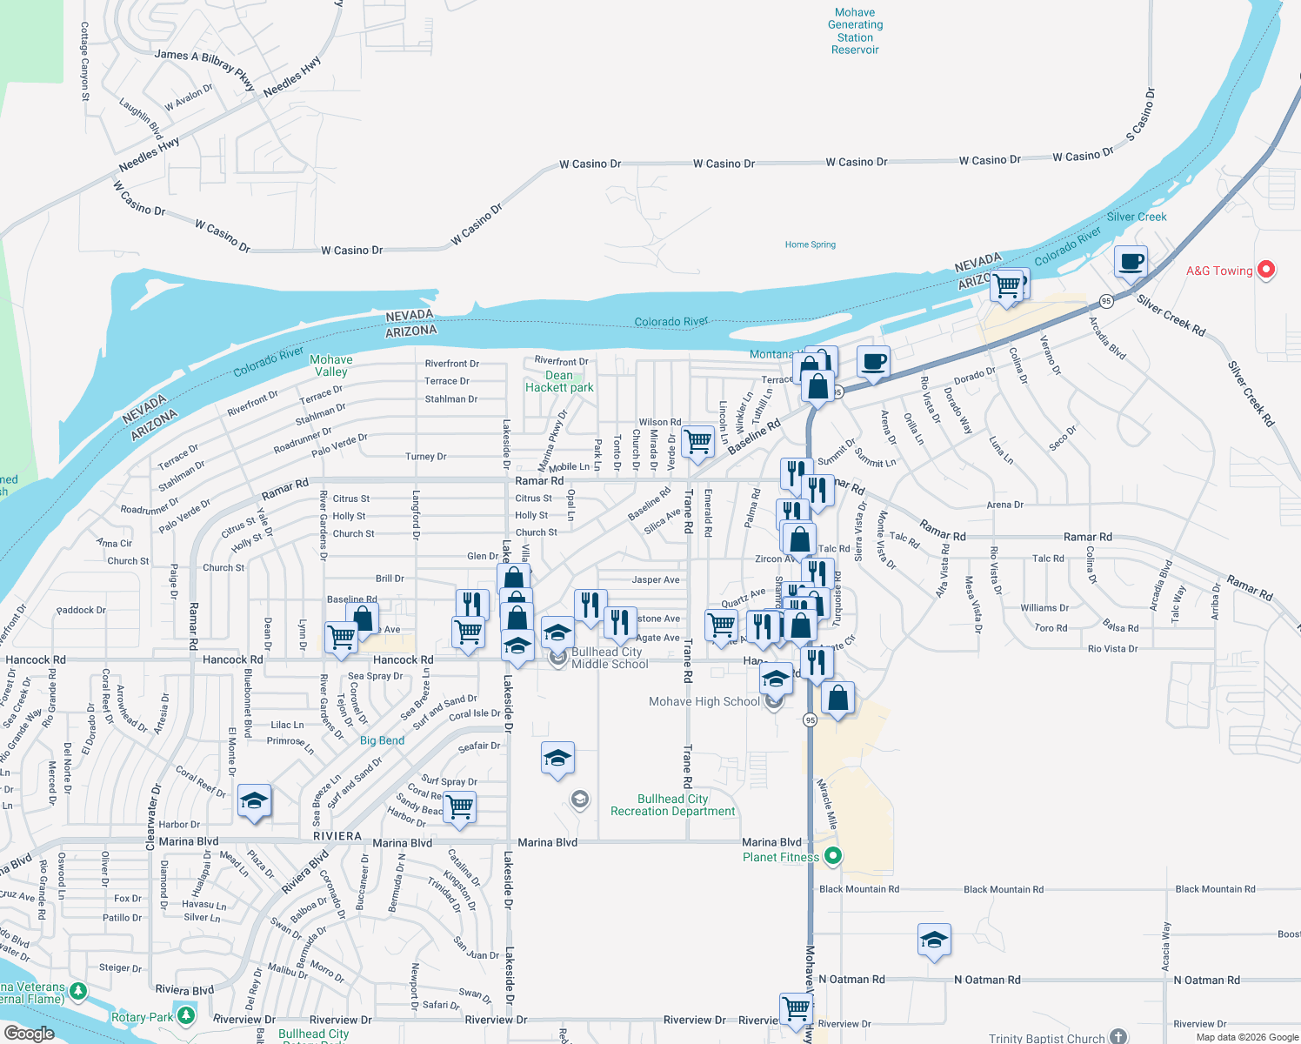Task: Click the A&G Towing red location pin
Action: coord(1266,271)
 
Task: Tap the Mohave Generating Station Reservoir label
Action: coord(855,31)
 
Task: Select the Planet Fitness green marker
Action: coord(832,857)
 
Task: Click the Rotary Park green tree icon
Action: coord(185,1016)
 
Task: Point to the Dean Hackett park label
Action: coord(559,382)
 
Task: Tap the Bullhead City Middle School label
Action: coord(609,658)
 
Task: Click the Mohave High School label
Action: coord(704,701)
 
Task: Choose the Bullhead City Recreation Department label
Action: coord(672,805)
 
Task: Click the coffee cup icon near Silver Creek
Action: coord(1131,261)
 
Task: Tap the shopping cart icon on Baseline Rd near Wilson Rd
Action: coord(697,441)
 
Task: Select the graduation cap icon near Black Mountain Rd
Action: coord(933,940)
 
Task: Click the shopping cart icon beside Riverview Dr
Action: coord(796,1008)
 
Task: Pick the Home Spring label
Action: coord(810,244)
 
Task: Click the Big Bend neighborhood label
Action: coord(382,740)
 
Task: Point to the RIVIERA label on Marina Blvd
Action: coord(337,836)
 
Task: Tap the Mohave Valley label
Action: coord(330,365)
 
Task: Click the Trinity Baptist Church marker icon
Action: coord(1118,1037)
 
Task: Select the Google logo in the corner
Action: coord(29,1033)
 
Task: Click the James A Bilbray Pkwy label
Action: coord(204,69)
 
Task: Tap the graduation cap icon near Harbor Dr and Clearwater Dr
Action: coord(254,801)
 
